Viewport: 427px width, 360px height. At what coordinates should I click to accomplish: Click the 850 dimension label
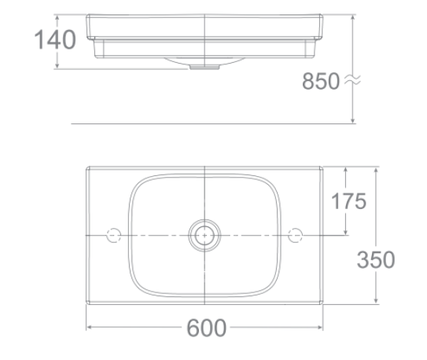pos(321,80)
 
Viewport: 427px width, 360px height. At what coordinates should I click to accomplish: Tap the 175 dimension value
pos(348,202)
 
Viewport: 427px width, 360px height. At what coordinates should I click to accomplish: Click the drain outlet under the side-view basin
pos(204,68)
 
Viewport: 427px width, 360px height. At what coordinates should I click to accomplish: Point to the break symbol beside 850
pos(352,80)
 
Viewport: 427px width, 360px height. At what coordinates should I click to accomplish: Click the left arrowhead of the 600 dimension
pos(90,327)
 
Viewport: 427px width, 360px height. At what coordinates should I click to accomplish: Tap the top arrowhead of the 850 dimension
pos(353,18)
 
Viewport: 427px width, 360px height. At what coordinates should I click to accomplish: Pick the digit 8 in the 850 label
pos(308,80)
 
